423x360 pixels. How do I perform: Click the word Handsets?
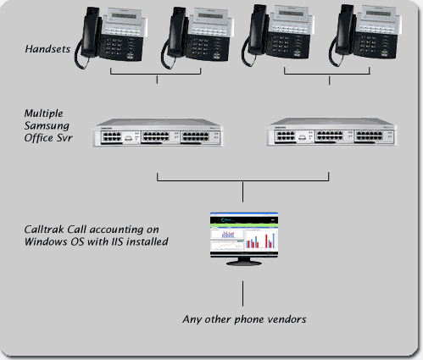(47, 49)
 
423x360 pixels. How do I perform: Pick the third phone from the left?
(278, 35)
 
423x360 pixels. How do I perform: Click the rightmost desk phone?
(365, 35)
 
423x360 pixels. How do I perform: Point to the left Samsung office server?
(158, 132)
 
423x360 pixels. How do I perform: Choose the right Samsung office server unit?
(331, 132)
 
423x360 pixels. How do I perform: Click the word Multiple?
(44, 114)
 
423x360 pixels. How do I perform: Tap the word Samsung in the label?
(47, 126)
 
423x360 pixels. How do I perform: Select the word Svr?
(64, 138)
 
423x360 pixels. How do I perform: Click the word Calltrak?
(44, 230)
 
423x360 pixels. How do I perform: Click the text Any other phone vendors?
(244, 319)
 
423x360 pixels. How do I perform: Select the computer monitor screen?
(244, 235)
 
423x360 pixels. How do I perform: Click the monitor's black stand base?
(244, 263)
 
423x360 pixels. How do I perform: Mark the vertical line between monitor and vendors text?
(242, 293)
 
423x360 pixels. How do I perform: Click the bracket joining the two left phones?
(156, 75)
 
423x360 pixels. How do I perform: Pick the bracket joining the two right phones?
(327, 75)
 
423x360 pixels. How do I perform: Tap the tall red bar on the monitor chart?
(266, 241)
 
